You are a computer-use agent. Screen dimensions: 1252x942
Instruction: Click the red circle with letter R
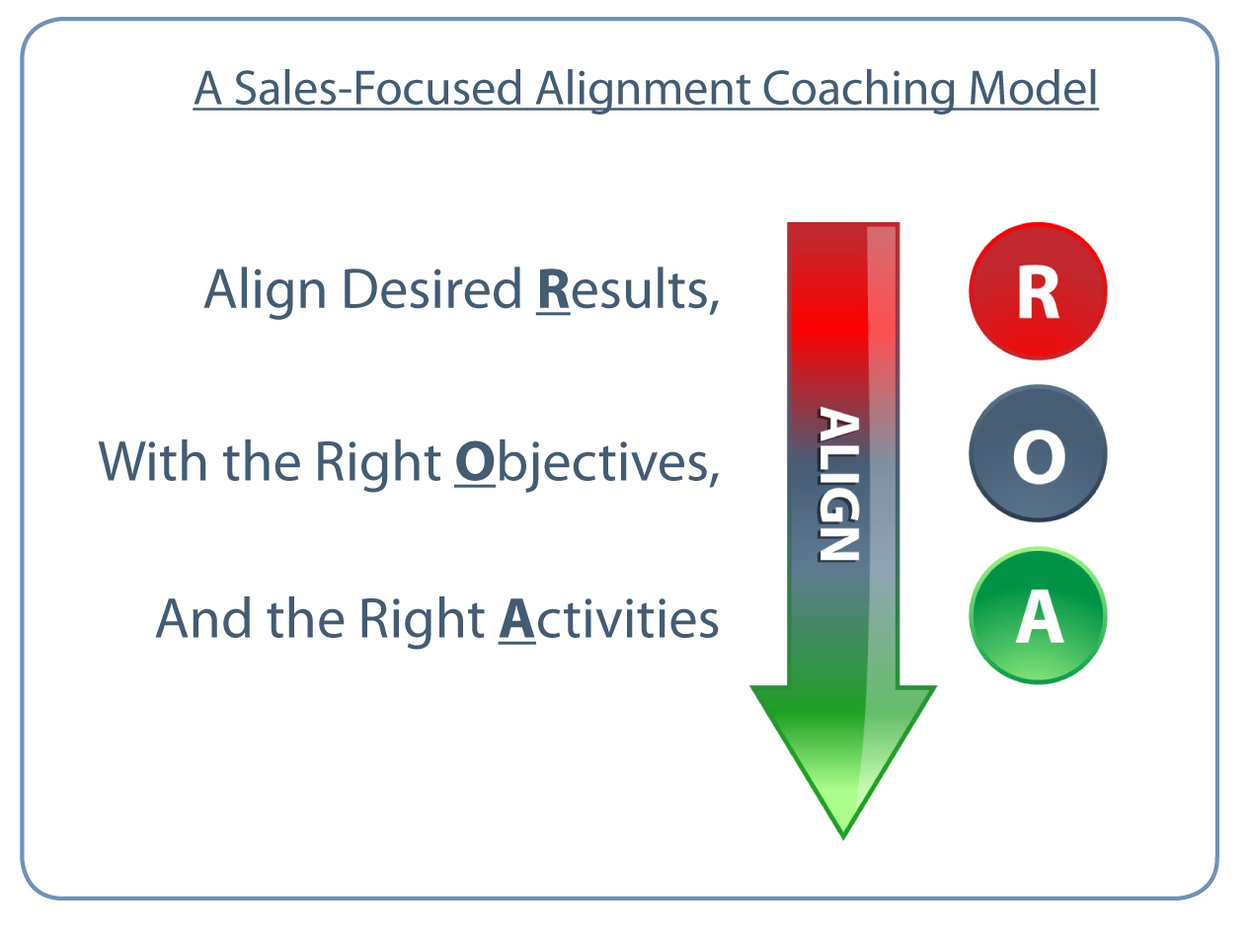coord(1038,291)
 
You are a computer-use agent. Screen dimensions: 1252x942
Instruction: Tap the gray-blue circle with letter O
coord(1038,453)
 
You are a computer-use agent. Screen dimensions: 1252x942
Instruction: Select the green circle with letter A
coord(1038,615)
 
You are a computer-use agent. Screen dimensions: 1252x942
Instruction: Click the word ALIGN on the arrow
coord(838,484)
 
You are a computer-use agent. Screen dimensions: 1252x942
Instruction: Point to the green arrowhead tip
coord(843,838)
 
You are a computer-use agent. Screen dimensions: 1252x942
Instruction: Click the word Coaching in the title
coord(858,90)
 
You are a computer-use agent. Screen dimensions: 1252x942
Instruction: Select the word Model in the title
coord(1033,89)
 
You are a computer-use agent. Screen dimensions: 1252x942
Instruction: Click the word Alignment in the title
coord(643,90)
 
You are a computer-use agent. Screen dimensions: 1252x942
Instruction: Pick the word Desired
coord(431,289)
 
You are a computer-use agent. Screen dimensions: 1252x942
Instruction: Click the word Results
coord(628,290)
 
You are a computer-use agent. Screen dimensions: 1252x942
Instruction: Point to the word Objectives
coord(587,462)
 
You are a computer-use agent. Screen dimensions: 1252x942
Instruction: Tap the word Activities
coord(608,619)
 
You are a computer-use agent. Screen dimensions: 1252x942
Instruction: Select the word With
coord(152,461)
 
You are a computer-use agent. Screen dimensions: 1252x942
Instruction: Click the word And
coord(203,619)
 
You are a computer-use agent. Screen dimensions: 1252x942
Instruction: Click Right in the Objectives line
coord(377,463)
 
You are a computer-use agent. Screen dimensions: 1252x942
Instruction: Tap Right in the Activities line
coord(422,621)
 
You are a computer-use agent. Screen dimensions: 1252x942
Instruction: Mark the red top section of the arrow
coord(843,302)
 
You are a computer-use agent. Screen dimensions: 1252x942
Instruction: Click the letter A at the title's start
coord(207,89)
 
